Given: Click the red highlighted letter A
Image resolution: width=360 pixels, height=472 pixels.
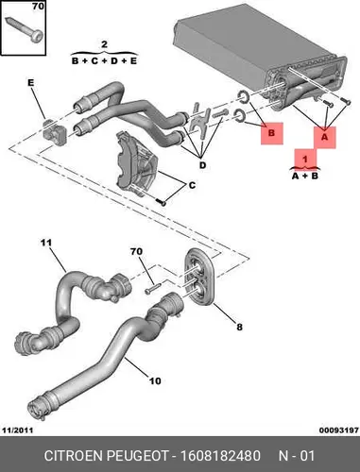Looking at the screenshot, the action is pos(324,137).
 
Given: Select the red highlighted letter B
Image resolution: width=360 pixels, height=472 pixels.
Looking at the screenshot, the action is pos(271,133).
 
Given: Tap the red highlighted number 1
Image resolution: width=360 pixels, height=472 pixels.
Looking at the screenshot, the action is pos(305,160).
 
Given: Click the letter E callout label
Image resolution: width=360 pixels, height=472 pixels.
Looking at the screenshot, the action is pos(30,83).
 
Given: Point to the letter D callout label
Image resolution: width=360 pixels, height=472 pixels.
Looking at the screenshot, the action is pos(203,165).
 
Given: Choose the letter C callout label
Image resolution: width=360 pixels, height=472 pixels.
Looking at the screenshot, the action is pos(192,185).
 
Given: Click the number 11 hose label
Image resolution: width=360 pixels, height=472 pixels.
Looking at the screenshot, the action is pos(46,243).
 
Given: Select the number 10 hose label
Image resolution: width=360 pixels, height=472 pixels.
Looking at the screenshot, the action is pos(155,380).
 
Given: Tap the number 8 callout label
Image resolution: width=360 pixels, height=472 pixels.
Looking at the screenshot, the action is pos(239,327).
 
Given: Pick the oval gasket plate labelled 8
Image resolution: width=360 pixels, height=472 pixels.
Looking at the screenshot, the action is pos(199,277).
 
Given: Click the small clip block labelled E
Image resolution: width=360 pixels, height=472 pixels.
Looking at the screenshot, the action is pos(54,133).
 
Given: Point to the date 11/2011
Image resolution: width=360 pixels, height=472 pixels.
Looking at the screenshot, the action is pos(18,430).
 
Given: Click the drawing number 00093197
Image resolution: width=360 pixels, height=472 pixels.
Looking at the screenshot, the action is pos(339,430).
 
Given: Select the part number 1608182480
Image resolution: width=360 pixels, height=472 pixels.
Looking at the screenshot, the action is pos(220,456).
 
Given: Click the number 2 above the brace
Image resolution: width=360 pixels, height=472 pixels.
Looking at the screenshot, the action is pos(104,44).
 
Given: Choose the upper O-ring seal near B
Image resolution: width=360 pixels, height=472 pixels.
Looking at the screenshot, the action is pos(243,97).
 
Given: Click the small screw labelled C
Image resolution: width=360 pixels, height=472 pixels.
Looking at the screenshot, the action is pos(162,202).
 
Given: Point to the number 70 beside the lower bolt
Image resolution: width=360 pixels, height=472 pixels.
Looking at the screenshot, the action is pos(136,251).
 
